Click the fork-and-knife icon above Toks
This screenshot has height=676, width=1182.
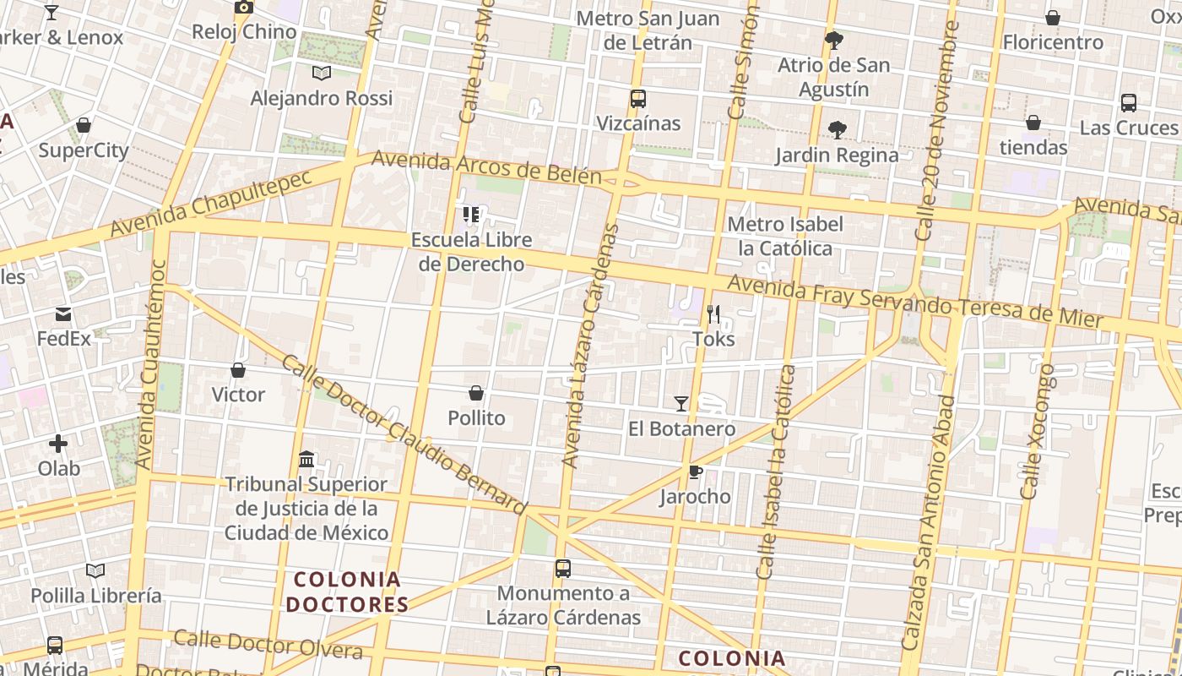[713, 314]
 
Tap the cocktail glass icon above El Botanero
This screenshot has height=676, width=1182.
[681, 404]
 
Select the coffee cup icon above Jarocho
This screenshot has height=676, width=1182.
[694, 472]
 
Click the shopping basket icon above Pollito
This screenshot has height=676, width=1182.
[476, 393]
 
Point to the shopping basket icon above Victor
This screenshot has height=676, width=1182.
[238, 370]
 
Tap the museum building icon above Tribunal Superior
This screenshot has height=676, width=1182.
[307, 460]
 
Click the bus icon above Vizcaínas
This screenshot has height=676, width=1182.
[638, 99]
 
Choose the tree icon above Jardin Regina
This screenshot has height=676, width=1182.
[837, 130]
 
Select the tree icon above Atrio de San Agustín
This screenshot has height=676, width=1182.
[834, 41]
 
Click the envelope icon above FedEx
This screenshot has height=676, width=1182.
[63, 314]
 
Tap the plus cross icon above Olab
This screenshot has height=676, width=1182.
[58, 443]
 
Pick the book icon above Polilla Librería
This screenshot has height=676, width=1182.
[95, 571]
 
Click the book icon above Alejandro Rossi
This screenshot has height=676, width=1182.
[322, 74]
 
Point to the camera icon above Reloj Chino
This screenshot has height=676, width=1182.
[244, 8]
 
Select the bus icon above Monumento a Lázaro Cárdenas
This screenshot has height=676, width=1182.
[563, 569]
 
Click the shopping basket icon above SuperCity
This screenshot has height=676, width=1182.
[84, 126]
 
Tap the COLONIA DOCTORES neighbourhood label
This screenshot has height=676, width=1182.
[347, 591]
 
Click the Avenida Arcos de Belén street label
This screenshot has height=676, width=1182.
[485, 167]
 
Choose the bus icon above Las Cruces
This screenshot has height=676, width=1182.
[1129, 103]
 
